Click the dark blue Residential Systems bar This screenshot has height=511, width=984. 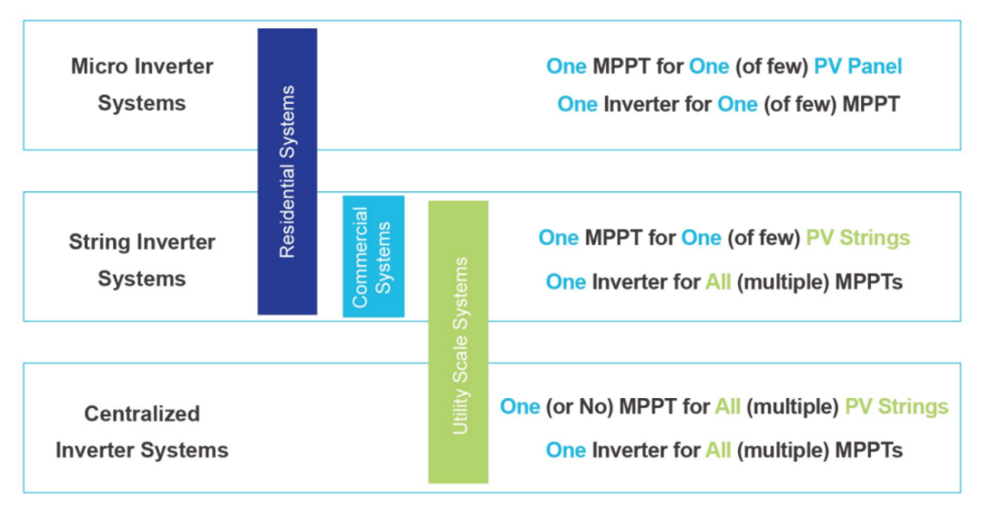click(287, 171)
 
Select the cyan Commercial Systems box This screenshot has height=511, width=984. click(374, 256)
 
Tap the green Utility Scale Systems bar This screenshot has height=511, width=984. click(458, 342)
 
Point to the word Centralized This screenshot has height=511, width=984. click(142, 414)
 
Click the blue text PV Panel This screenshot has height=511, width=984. click(858, 66)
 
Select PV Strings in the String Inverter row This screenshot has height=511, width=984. click(858, 238)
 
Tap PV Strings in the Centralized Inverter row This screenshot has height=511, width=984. click(897, 407)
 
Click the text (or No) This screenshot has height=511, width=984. click(579, 407)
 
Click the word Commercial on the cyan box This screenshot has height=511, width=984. click(360, 258)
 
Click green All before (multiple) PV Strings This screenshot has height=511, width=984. click(728, 407)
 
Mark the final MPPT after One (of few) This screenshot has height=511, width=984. click(871, 104)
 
